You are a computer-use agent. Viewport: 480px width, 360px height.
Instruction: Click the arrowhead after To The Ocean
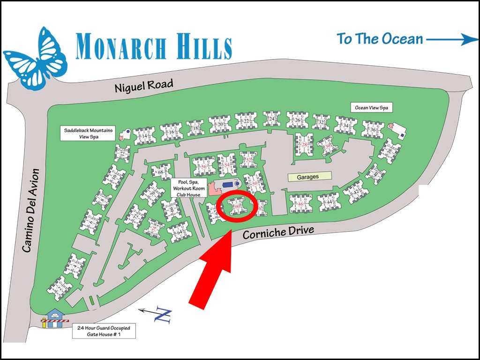click(x=469, y=39)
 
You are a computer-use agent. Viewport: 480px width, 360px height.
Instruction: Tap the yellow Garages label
click(x=308, y=177)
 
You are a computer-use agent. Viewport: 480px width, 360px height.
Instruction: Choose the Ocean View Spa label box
click(x=371, y=108)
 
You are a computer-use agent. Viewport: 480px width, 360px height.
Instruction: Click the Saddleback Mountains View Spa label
click(x=89, y=133)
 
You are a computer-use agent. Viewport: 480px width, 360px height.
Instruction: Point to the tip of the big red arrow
click(x=229, y=233)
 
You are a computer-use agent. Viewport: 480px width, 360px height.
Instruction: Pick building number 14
click(x=144, y=136)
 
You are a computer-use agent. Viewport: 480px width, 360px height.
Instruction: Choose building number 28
click(x=304, y=144)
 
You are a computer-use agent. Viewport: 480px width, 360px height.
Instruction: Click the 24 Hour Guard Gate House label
click(x=105, y=331)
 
